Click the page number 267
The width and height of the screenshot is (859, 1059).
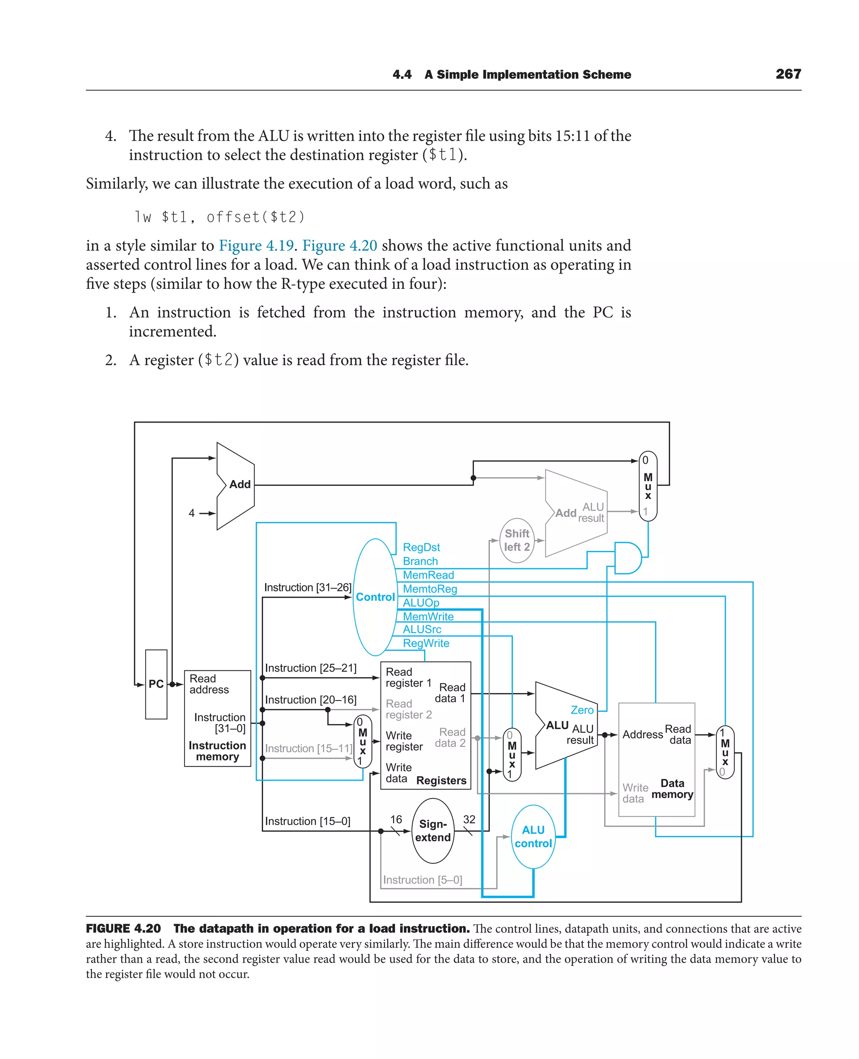tap(788, 74)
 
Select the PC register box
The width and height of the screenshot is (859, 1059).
tap(156, 684)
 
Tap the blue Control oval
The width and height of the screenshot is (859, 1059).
tap(375, 597)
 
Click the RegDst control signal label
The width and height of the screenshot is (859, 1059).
tap(421, 547)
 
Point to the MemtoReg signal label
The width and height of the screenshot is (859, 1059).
tap(429, 589)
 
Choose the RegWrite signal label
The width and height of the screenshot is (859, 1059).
tap(426, 643)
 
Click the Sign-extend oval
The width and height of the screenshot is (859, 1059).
tap(432, 831)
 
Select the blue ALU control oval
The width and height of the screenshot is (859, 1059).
tap(533, 836)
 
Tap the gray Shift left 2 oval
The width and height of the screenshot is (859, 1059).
tap(517, 540)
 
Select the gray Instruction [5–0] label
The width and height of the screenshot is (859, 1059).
tap(422, 880)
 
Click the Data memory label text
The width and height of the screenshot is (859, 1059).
tap(672, 789)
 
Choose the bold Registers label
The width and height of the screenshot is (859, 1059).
tap(441, 780)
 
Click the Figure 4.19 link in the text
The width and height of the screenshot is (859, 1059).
tap(256, 245)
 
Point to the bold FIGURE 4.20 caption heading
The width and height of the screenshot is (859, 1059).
tap(123, 929)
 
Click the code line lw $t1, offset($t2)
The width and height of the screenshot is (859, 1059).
tap(219, 217)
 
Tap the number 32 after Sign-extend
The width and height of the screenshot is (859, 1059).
tap(469, 819)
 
